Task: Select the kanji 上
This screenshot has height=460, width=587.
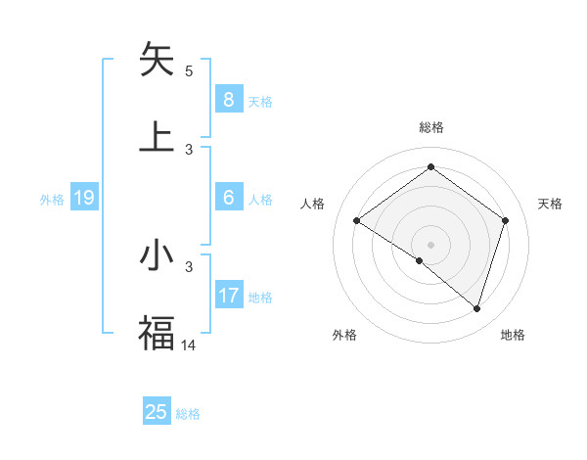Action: [x=158, y=136]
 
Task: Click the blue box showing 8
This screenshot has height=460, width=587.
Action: [x=228, y=99]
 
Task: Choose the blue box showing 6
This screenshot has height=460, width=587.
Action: [x=228, y=198]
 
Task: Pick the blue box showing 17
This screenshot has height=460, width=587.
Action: [x=228, y=296]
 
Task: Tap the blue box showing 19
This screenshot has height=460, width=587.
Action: [x=83, y=199]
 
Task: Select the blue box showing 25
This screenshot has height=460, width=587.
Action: [x=157, y=412]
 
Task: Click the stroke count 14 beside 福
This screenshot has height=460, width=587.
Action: [x=190, y=345]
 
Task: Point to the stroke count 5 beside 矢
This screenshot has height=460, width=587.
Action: [x=189, y=70]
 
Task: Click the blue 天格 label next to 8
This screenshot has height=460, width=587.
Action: [x=260, y=101]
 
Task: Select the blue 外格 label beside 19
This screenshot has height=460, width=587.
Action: [x=52, y=200]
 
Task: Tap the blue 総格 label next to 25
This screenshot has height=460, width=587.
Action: [x=188, y=414]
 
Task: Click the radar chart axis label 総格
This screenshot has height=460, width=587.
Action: [x=430, y=127]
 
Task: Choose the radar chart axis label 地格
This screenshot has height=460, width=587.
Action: [x=513, y=335]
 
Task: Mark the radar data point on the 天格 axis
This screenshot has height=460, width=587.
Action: [x=505, y=220]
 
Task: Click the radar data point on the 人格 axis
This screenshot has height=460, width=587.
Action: [x=356, y=220]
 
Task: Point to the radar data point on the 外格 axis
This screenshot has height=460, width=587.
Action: [x=419, y=260]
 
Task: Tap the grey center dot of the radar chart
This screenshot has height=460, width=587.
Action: [x=430, y=244]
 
